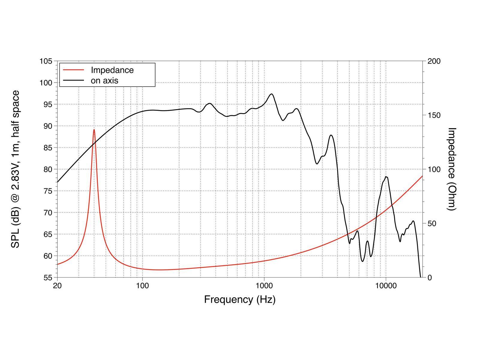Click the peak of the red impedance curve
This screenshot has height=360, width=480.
(x=94, y=130)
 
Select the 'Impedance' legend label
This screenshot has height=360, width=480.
(x=112, y=70)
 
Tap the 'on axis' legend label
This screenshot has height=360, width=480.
(x=104, y=80)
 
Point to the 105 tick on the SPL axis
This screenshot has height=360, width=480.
(x=46, y=61)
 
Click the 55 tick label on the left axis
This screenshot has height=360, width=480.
(x=48, y=277)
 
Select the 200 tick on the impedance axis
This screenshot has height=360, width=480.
(x=434, y=61)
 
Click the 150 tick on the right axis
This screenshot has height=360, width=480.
(x=434, y=115)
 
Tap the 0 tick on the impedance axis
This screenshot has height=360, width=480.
(x=429, y=277)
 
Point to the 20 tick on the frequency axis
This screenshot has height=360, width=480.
(x=57, y=285)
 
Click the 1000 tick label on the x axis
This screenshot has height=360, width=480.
(x=264, y=285)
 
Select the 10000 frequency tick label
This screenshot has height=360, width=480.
(x=386, y=285)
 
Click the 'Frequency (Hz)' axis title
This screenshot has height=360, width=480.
(x=240, y=299)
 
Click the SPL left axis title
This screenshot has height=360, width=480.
(x=16, y=169)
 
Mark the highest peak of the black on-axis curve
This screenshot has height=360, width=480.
(x=271, y=94)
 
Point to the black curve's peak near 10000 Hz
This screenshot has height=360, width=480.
(x=386, y=177)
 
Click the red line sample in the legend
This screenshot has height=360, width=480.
(x=73, y=70)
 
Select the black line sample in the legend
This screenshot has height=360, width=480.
(x=73, y=80)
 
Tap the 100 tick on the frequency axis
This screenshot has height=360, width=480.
(x=142, y=285)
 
